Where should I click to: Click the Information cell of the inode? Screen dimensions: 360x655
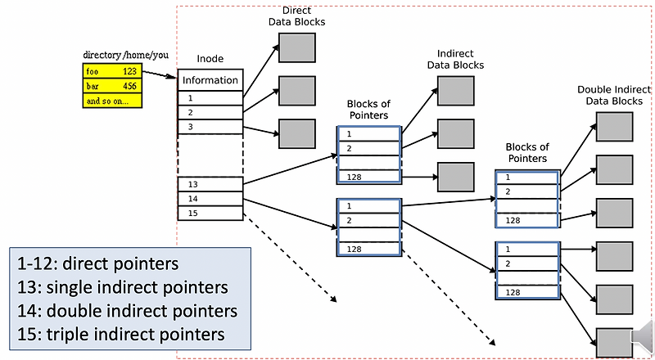point(210,80)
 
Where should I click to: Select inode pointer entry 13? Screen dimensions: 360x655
point(210,184)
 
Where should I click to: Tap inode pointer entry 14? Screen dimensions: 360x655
point(210,198)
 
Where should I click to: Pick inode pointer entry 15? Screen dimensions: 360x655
point(210,213)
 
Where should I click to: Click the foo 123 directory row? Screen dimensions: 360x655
point(111,71)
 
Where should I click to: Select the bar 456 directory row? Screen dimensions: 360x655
point(111,86)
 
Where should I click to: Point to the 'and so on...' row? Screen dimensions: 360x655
point(111,101)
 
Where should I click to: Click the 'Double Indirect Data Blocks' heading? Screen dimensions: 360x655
point(614,95)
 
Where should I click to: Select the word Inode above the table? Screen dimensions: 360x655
point(210,59)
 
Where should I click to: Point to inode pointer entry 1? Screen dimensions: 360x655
point(210,97)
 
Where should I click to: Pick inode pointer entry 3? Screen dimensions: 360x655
point(210,127)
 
